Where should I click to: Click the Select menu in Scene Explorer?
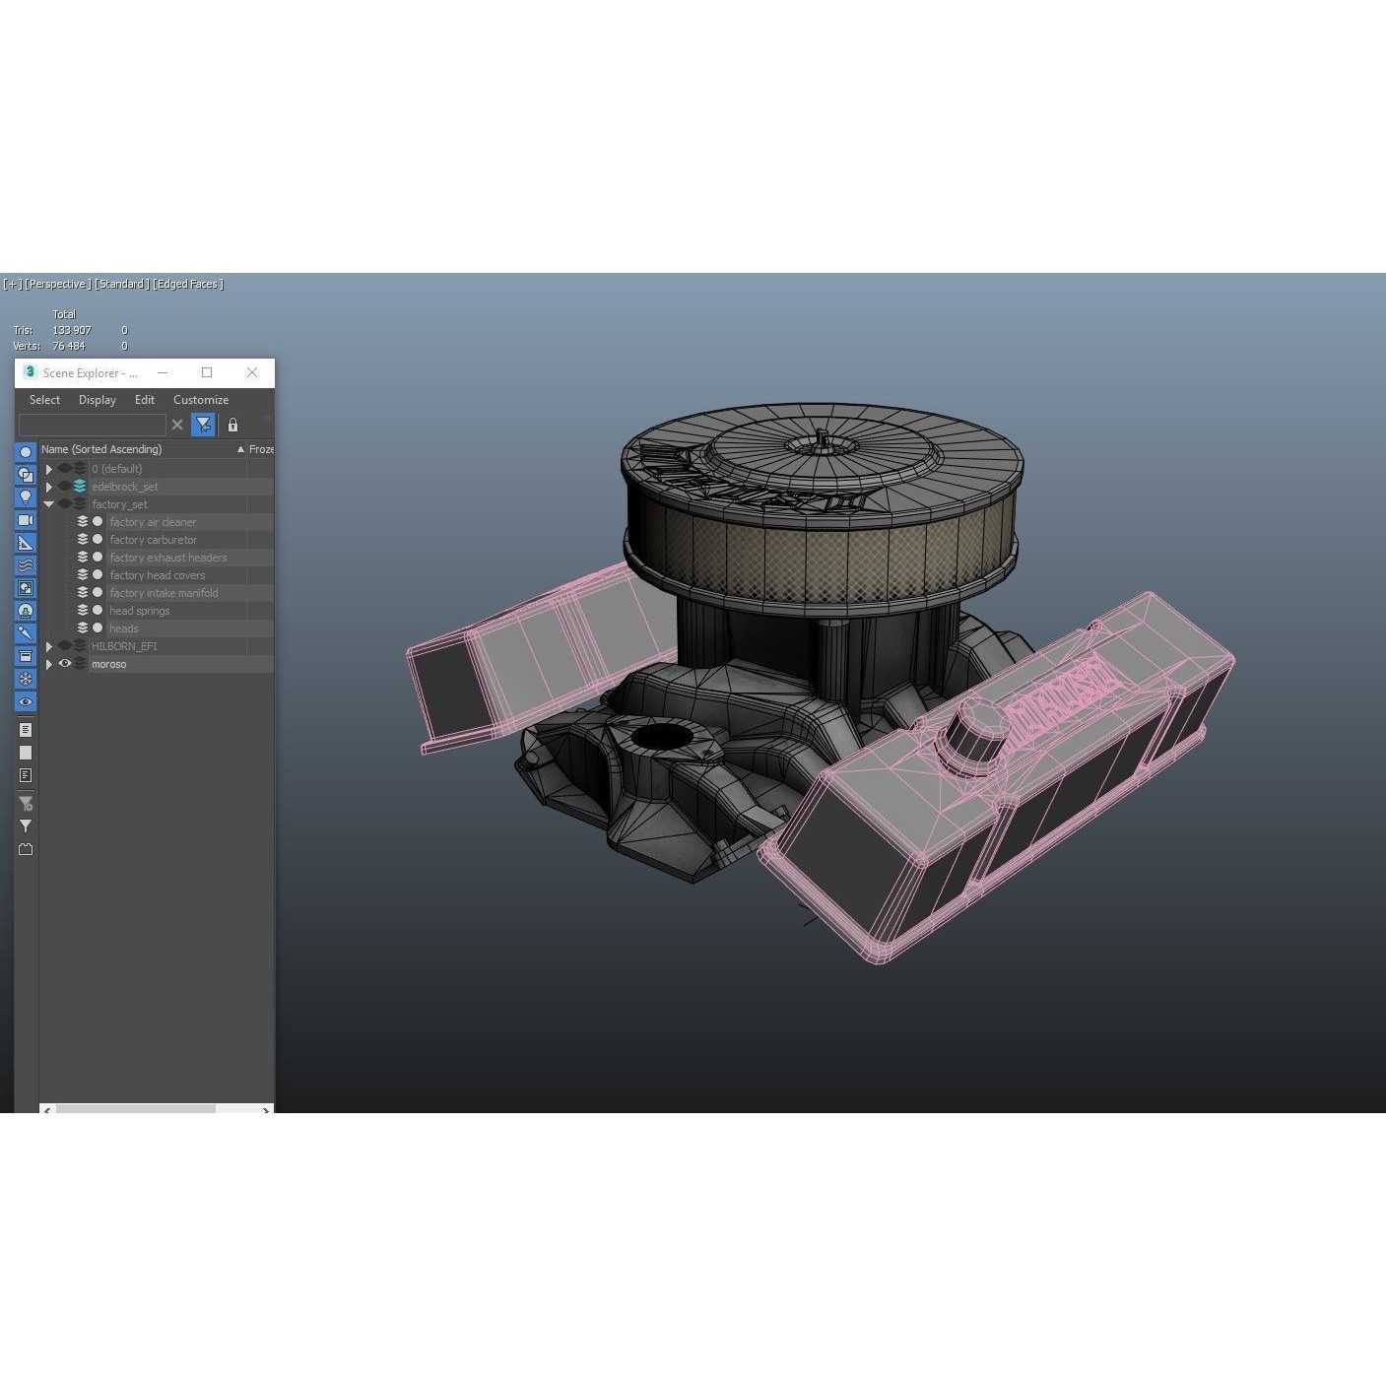[x=44, y=400]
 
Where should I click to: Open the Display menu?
[x=98, y=400]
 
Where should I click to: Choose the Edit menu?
[x=145, y=400]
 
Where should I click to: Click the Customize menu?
[x=201, y=400]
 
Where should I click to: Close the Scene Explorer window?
[x=252, y=372]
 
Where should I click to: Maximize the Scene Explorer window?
[x=207, y=372]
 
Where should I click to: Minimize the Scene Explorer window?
[x=163, y=372]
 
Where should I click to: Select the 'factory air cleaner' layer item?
[x=153, y=522]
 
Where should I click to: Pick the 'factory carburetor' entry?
[x=153, y=540]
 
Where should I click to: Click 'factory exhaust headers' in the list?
[x=167, y=558]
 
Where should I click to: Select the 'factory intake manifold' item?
[x=164, y=593]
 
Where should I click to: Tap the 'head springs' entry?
[x=139, y=611]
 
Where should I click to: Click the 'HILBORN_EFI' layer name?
[x=124, y=646]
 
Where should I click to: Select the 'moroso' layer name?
[x=108, y=664]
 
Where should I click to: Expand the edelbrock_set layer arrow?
[x=49, y=487]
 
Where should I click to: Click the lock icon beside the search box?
[x=232, y=425]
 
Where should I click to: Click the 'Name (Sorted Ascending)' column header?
[x=101, y=449]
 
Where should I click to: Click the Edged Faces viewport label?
[x=188, y=284]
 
